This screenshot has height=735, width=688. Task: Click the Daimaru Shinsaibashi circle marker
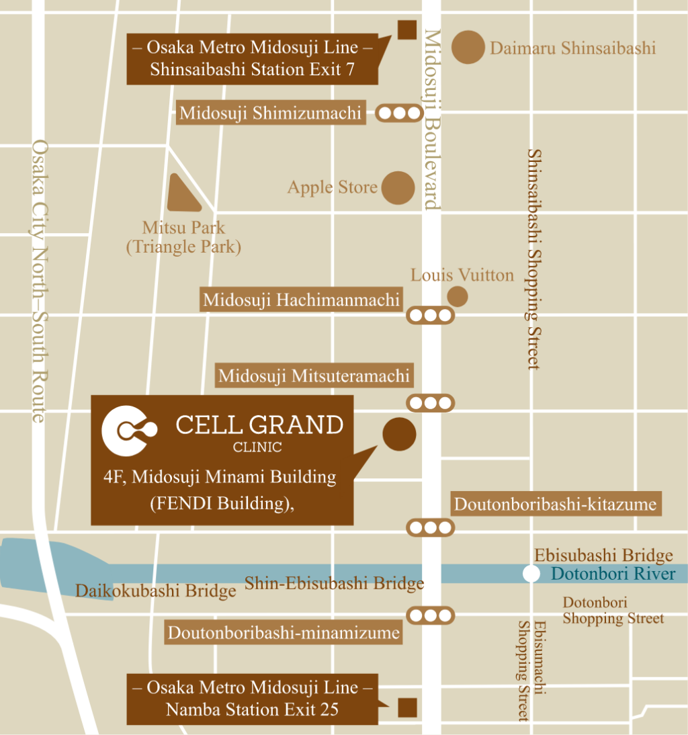click(x=468, y=47)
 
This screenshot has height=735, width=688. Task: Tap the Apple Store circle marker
click(x=398, y=187)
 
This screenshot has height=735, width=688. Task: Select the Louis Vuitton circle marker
click(x=458, y=296)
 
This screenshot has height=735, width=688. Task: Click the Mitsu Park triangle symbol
click(x=182, y=196)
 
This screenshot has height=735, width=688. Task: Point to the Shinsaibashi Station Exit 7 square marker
click(x=406, y=30)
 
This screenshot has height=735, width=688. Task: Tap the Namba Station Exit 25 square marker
click(x=407, y=707)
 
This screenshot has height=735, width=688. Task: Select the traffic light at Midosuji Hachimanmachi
click(x=431, y=314)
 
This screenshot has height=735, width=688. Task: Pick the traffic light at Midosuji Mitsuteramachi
click(x=431, y=403)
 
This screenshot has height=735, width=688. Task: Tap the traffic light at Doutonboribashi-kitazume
click(x=431, y=527)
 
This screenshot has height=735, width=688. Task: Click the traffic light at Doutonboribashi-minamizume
click(x=431, y=615)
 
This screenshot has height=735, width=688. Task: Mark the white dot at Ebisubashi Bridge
click(x=531, y=574)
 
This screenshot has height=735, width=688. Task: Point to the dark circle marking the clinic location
click(x=399, y=434)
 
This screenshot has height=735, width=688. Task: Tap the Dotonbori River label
click(x=613, y=574)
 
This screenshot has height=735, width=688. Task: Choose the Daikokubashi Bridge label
click(x=155, y=591)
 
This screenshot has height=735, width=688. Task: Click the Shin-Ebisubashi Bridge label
click(x=334, y=583)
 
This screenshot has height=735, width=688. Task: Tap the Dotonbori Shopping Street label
click(x=613, y=611)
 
